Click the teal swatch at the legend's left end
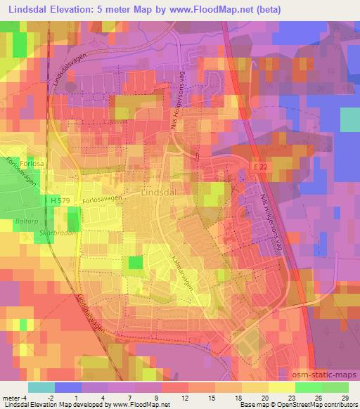(41, 387)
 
